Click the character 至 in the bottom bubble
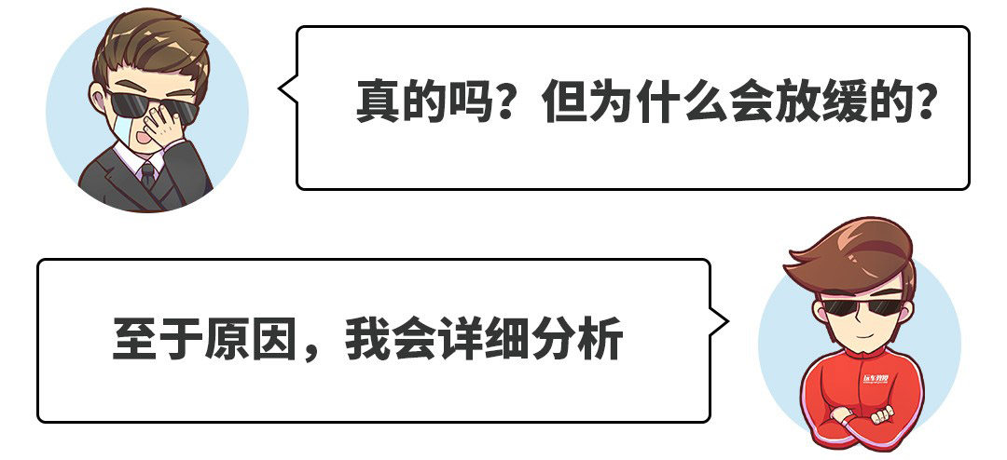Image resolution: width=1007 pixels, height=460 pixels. [135, 340]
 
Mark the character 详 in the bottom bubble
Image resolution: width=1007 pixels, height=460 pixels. [461, 340]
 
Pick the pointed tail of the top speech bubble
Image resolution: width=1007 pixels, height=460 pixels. [285, 90]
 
